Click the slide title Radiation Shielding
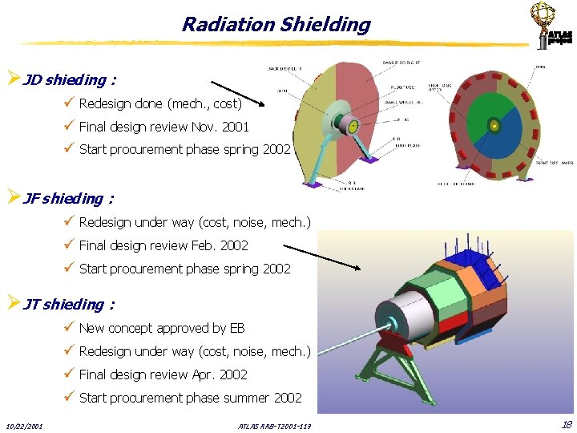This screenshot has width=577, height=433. coord(276,25)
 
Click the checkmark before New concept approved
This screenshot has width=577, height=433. coord(71,328)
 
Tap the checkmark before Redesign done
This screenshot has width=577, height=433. coord(71,103)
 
